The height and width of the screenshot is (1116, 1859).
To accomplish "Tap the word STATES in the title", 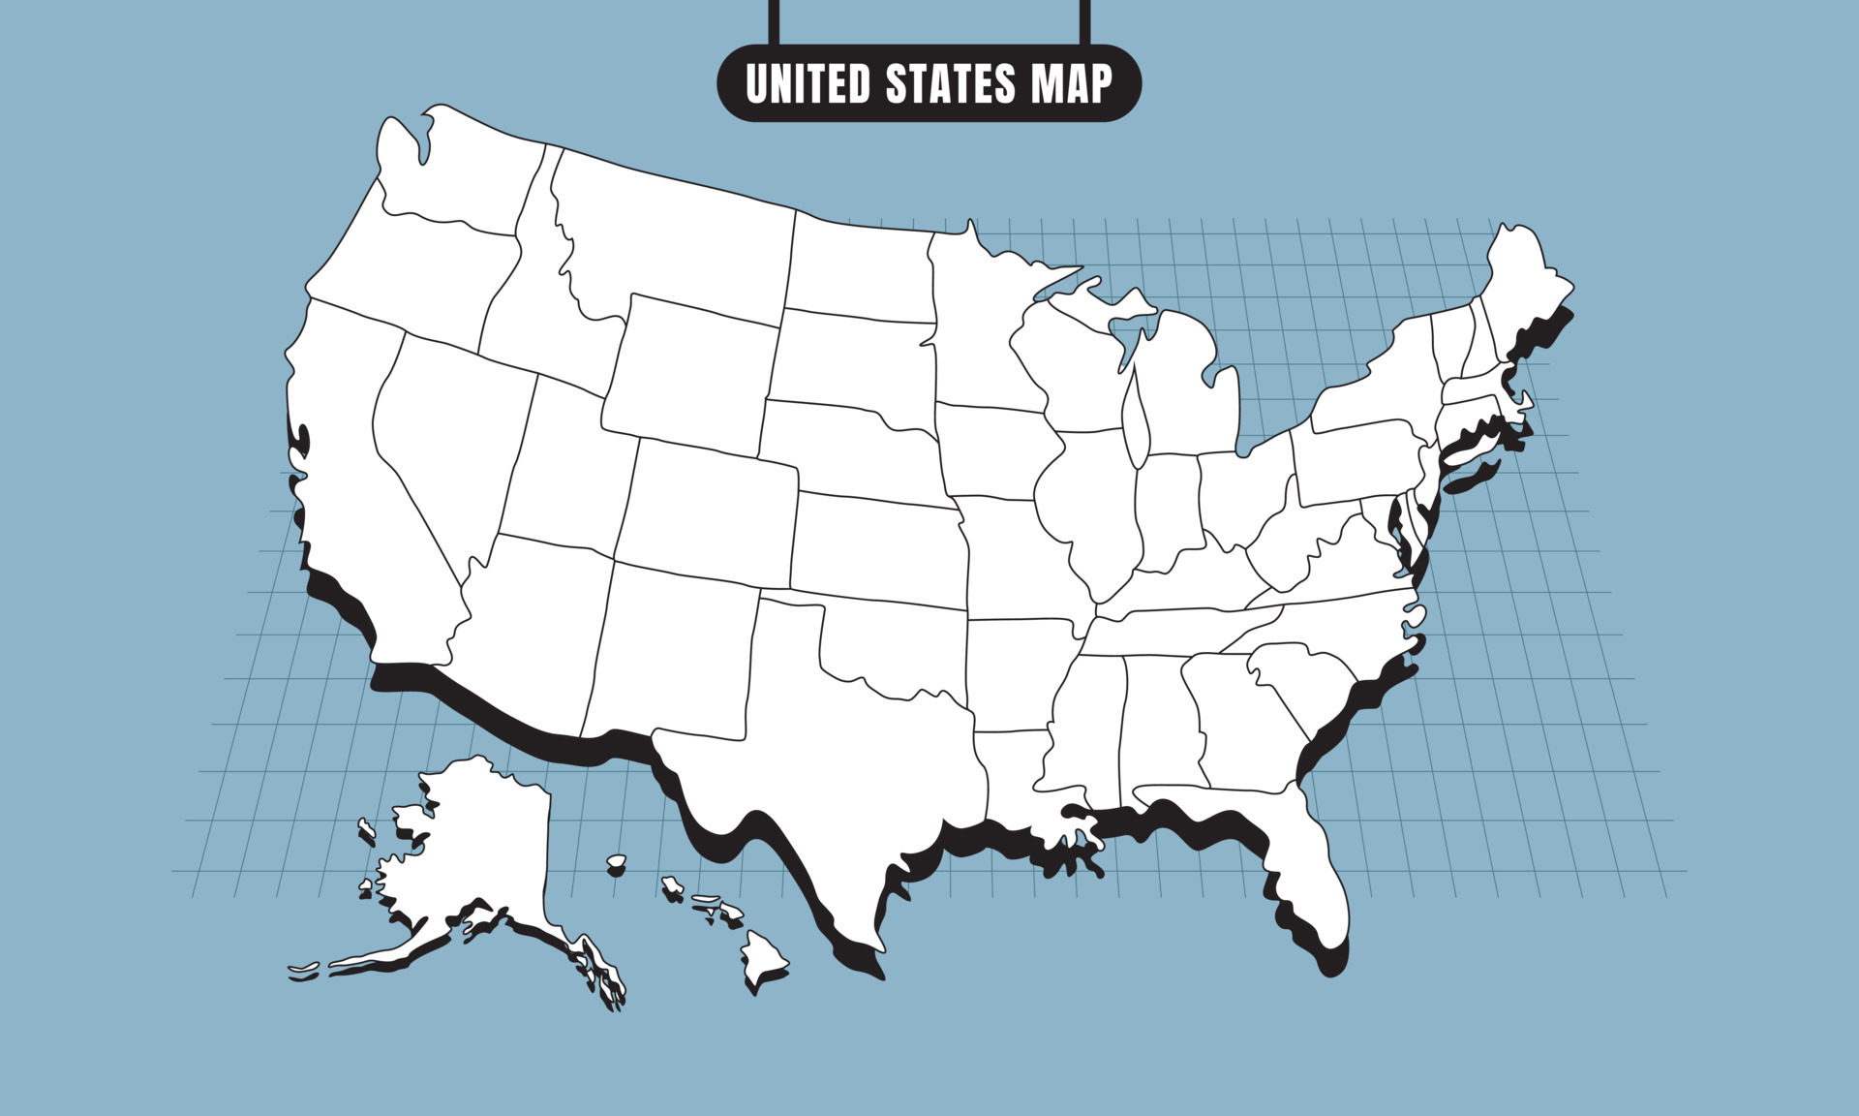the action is (951, 84).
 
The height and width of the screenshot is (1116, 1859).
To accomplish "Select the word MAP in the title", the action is (1072, 84).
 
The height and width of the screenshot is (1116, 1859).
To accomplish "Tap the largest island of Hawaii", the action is (763, 959).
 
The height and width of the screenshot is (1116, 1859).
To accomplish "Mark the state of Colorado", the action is (707, 513).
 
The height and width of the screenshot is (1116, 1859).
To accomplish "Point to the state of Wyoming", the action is (692, 373).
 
